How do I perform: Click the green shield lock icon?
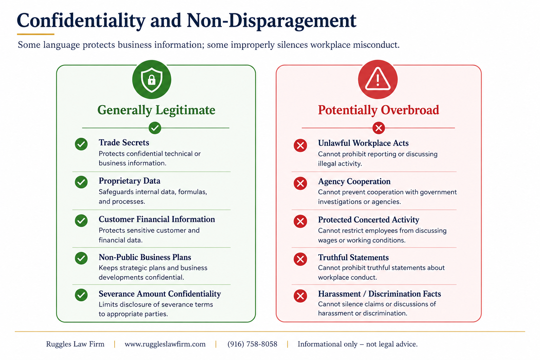click(x=152, y=79)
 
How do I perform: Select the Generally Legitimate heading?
click(x=156, y=110)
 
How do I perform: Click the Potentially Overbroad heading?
click(x=379, y=110)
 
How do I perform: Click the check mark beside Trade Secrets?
click(x=81, y=144)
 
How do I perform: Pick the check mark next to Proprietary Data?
click(x=81, y=182)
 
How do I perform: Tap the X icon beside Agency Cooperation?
click(x=300, y=184)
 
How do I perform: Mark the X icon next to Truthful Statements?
click(x=300, y=259)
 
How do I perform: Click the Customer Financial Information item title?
click(x=157, y=219)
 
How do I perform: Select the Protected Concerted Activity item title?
click(x=368, y=220)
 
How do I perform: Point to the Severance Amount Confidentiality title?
click(x=160, y=294)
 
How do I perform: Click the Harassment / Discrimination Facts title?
click(x=379, y=294)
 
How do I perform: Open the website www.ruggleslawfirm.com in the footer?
click(x=165, y=344)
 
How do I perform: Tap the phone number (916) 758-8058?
click(x=252, y=344)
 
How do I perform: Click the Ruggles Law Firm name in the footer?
click(x=75, y=344)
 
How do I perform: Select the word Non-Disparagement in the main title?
click(x=271, y=21)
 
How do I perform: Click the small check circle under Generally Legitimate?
click(x=155, y=128)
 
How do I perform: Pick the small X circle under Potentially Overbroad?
click(x=379, y=128)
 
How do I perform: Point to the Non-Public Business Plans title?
click(x=145, y=257)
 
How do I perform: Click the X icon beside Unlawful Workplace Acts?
click(x=300, y=146)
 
